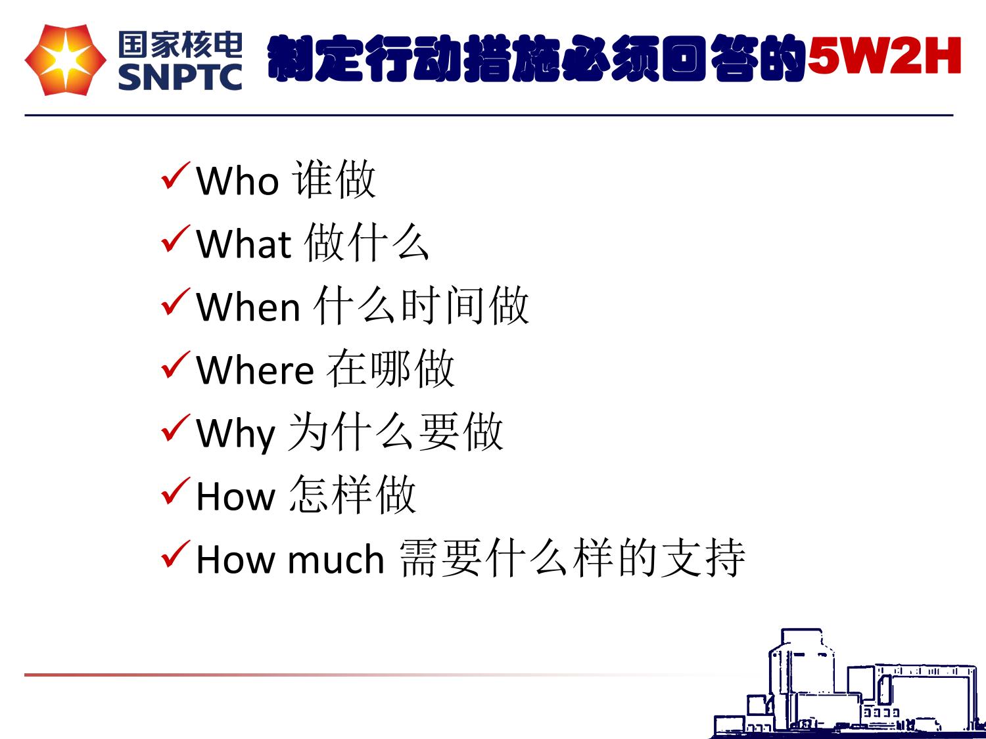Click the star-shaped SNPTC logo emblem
coord(66,60)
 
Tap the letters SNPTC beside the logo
coord(180,77)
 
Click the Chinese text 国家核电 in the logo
coord(180,45)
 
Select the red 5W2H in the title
coord(884,56)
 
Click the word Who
coord(238,181)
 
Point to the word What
coord(243,244)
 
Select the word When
coord(248,307)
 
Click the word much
coord(336,560)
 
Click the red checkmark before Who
coord(176,175)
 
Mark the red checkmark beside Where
coord(176,365)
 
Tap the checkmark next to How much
coord(176,554)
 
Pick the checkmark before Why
coord(176,428)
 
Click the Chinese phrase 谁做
coord(334,179)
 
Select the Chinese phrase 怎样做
coord(352,495)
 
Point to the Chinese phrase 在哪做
coord(390,369)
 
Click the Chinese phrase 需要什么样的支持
coord(573,558)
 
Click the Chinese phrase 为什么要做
coord(395,432)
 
